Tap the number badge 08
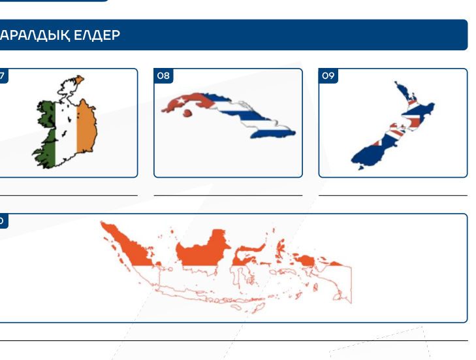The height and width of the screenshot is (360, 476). pyautogui.click(x=163, y=76)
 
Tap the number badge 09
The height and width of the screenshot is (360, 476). pyautogui.click(x=328, y=76)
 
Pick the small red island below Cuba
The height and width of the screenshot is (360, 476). pyautogui.click(x=187, y=113)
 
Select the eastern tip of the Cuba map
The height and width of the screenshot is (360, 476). pyautogui.click(x=291, y=133)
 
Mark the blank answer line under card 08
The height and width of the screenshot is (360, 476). pyautogui.click(x=228, y=195)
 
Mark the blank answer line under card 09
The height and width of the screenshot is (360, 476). pyautogui.click(x=392, y=195)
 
